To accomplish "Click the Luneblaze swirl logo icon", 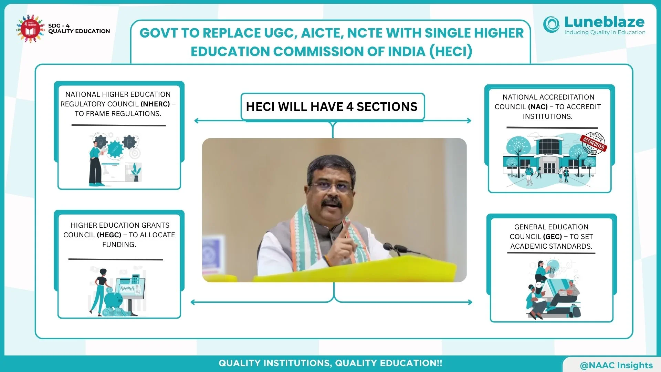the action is click(x=552, y=24).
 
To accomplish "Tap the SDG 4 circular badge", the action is click(x=31, y=29).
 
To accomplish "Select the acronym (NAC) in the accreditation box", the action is click(x=538, y=107).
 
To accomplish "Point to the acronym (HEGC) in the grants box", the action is click(x=109, y=235).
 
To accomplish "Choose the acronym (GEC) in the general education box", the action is click(x=553, y=237).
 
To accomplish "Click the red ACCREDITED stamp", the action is click(x=594, y=143).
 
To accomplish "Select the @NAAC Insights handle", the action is click(x=616, y=365).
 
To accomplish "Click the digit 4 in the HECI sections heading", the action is click(x=350, y=107).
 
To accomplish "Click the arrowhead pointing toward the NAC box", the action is click(x=469, y=121).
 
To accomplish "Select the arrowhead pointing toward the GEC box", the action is click(x=470, y=302).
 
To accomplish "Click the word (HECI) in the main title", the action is click(x=451, y=52).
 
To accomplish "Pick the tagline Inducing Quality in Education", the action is click(x=605, y=32).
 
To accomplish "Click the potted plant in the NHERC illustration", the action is click(x=136, y=173).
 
